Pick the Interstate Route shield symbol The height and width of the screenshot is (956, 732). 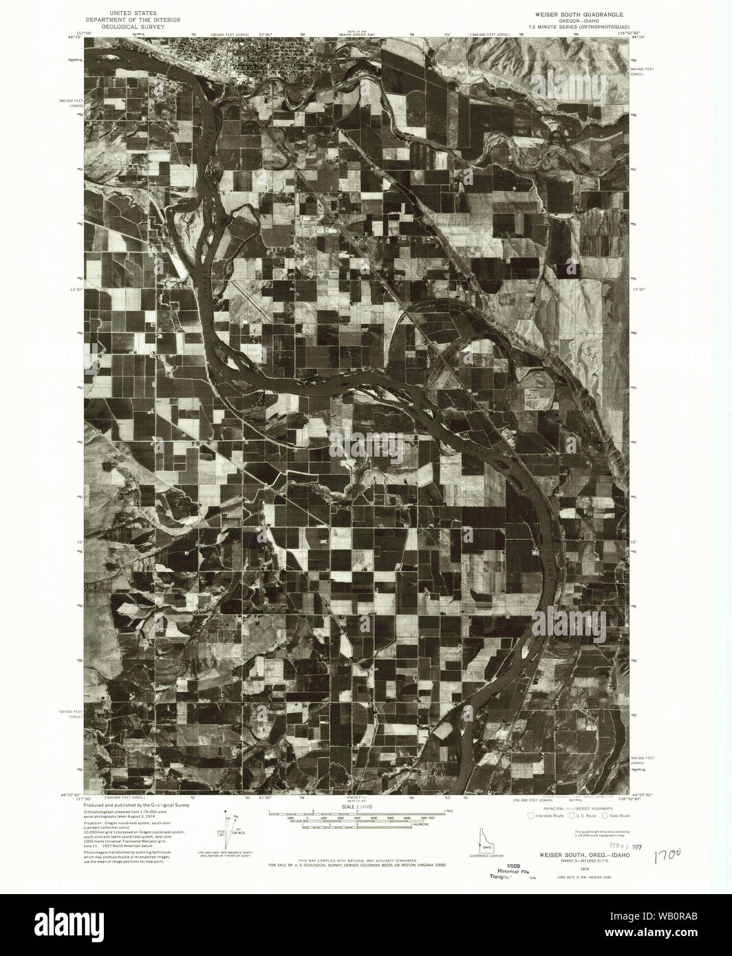coord(530,816)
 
